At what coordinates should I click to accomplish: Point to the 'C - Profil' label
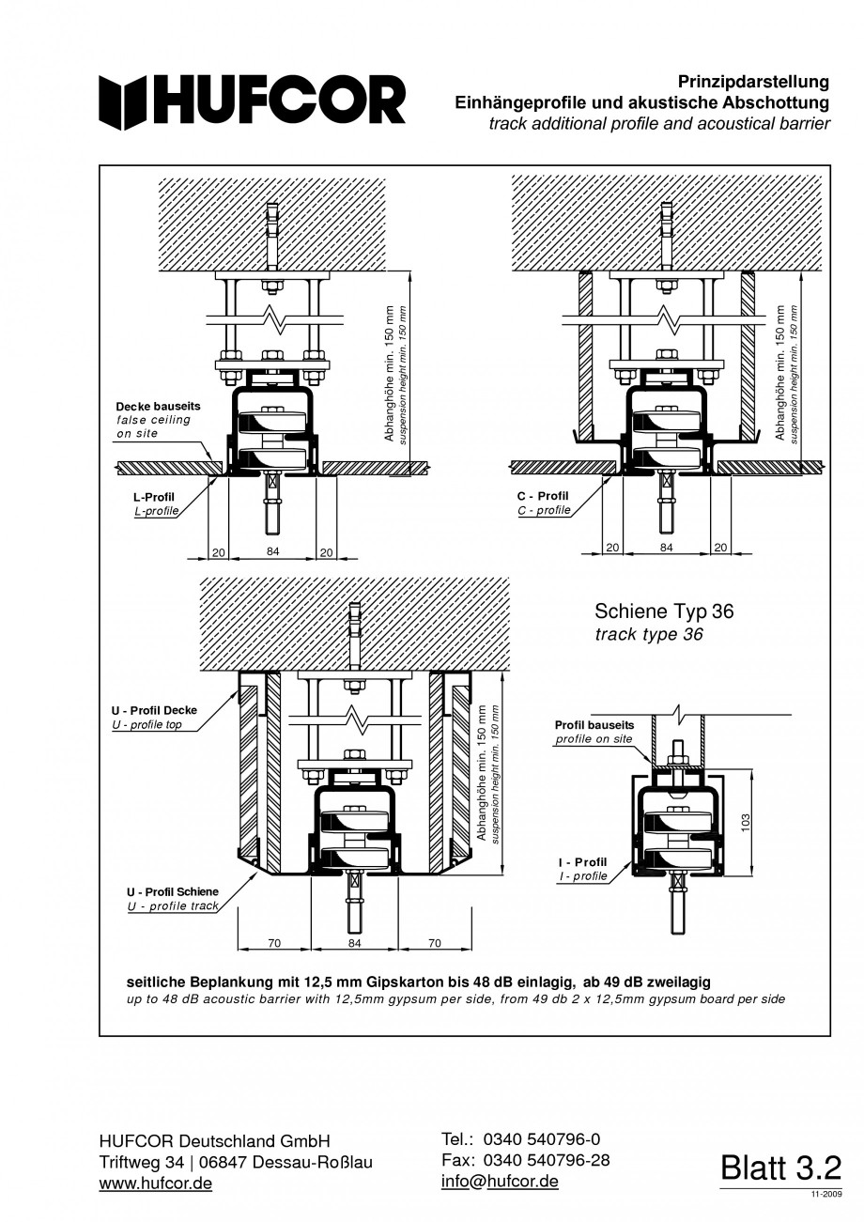[x=543, y=495]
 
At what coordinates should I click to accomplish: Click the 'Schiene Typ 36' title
[x=664, y=611]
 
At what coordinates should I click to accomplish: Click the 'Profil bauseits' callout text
[x=594, y=725]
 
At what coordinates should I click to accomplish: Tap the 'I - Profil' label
[x=582, y=861]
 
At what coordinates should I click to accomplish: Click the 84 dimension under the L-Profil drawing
[x=273, y=551]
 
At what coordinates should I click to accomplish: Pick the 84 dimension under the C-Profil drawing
[x=666, y=547]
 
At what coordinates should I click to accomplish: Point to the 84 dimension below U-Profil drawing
[x=354, y=942]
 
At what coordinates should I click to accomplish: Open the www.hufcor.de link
[x=156, y=1183]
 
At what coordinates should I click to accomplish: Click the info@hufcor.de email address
[x=500, y=1181]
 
